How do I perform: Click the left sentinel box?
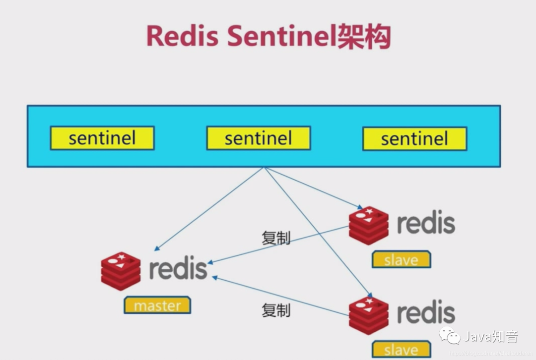[x=102, y=138]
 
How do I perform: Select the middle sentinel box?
[x=258, y=138]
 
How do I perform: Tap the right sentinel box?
[x=414, y=138]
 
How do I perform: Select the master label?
[x=157, y=305]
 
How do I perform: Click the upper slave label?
[x=401, y=259]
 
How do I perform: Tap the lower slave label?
[x=401, y=349]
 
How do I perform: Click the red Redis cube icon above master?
[x=121, y=271]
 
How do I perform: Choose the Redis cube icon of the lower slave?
[x=369, y=315]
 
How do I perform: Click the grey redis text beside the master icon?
[x=178, y=268]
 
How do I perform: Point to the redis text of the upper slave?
[x=426, y=223]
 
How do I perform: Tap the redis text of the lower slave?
[x=426, y=312]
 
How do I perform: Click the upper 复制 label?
[x=276, y=238]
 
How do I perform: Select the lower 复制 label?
[x=276, y=310]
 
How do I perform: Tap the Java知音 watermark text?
[x=491, y=337]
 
